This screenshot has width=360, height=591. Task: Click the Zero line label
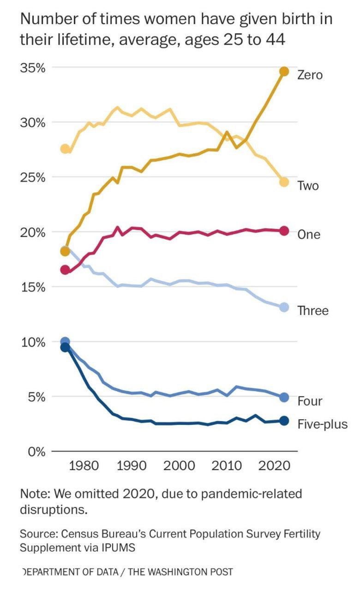[x=310, y=75]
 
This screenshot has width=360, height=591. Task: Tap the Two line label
[x=308, y=186]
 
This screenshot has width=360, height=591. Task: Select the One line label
[x=309, y=235]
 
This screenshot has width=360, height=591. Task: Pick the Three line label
[x=313, y=311]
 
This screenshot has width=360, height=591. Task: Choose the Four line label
[x=310, y=401]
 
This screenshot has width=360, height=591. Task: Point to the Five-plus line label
[x=322, y=424]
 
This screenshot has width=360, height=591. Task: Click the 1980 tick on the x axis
[x=84, y=465]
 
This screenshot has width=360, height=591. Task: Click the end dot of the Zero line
[x=284, y=71]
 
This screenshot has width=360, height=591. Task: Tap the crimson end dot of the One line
[x=284, y=231]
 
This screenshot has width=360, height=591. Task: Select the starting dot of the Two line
[x=65, y=149]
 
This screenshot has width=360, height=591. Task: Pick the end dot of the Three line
[x=284, y=308]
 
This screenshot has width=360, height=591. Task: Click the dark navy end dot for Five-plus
[x=284, y=421]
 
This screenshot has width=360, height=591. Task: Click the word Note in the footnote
[x=34, y=494]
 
